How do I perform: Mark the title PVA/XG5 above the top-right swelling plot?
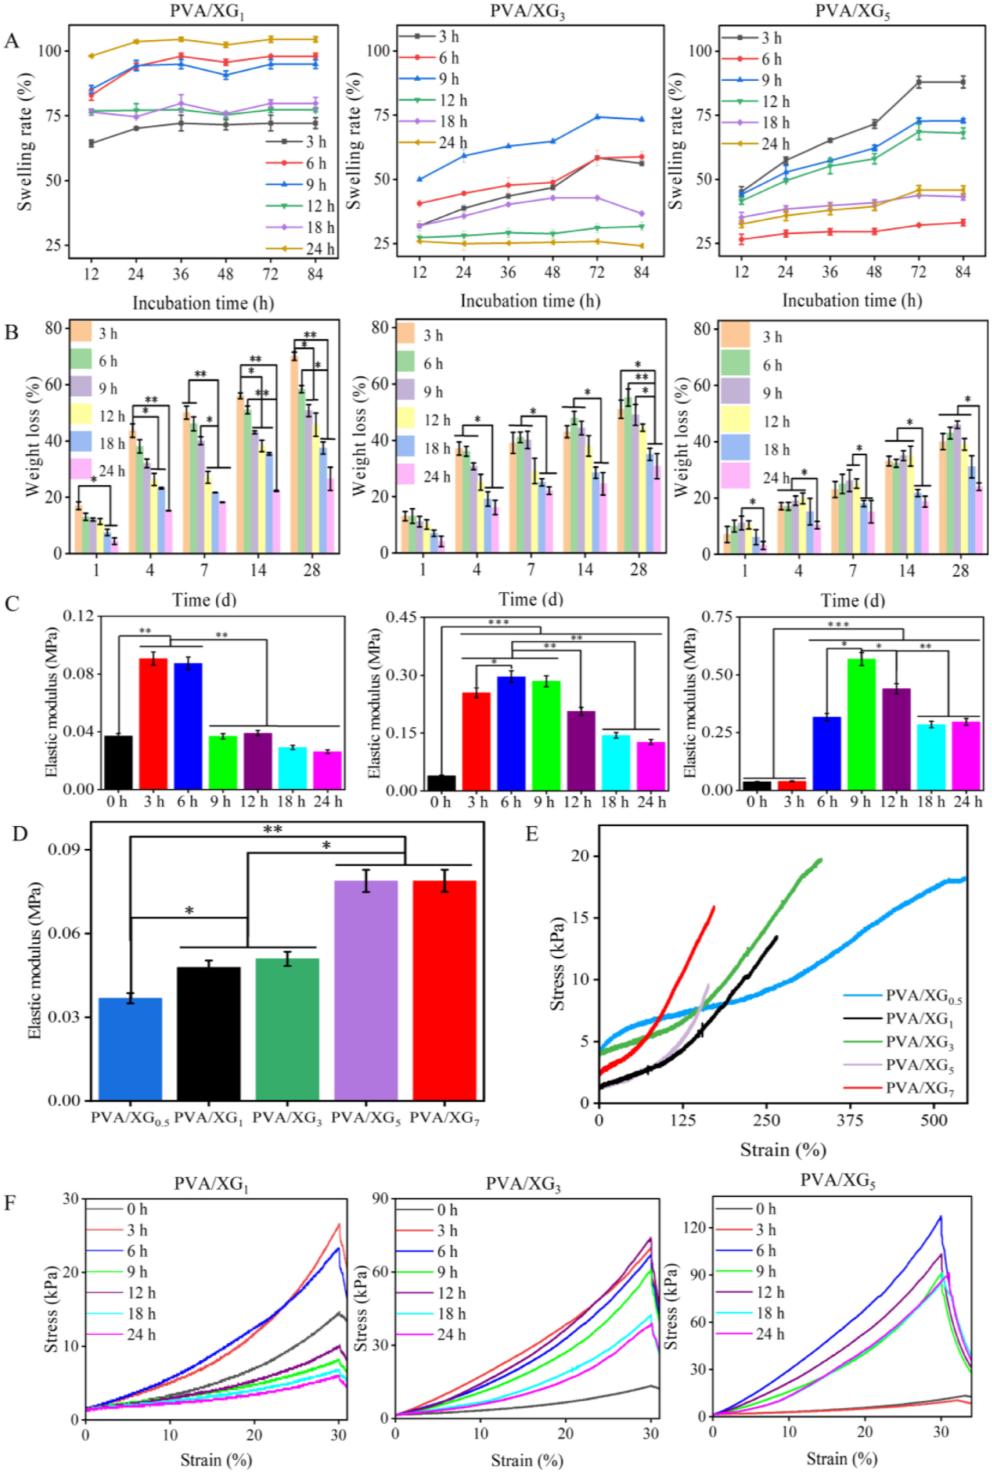[852, 12]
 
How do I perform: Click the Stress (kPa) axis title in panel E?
[557, 964]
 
